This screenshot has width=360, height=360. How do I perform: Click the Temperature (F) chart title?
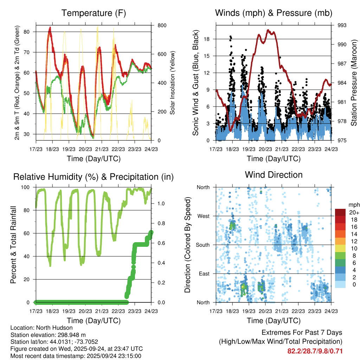tap(94, 13)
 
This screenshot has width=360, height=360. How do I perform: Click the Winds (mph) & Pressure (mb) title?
tap(274, 13)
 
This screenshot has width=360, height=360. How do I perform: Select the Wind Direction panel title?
tap(274, 175)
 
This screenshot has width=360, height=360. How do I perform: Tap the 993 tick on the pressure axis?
tap(342, 25)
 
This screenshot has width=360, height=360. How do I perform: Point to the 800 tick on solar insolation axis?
tap(162, 25)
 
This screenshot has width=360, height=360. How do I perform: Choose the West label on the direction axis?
tap(203, 216)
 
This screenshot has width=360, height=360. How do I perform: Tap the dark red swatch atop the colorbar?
tap(340, 212)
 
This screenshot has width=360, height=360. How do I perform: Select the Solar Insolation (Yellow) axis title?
tap(172, 83)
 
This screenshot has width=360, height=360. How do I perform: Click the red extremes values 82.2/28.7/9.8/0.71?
tap(315, 351)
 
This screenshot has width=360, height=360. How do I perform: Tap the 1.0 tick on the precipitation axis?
tap(161, 204)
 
